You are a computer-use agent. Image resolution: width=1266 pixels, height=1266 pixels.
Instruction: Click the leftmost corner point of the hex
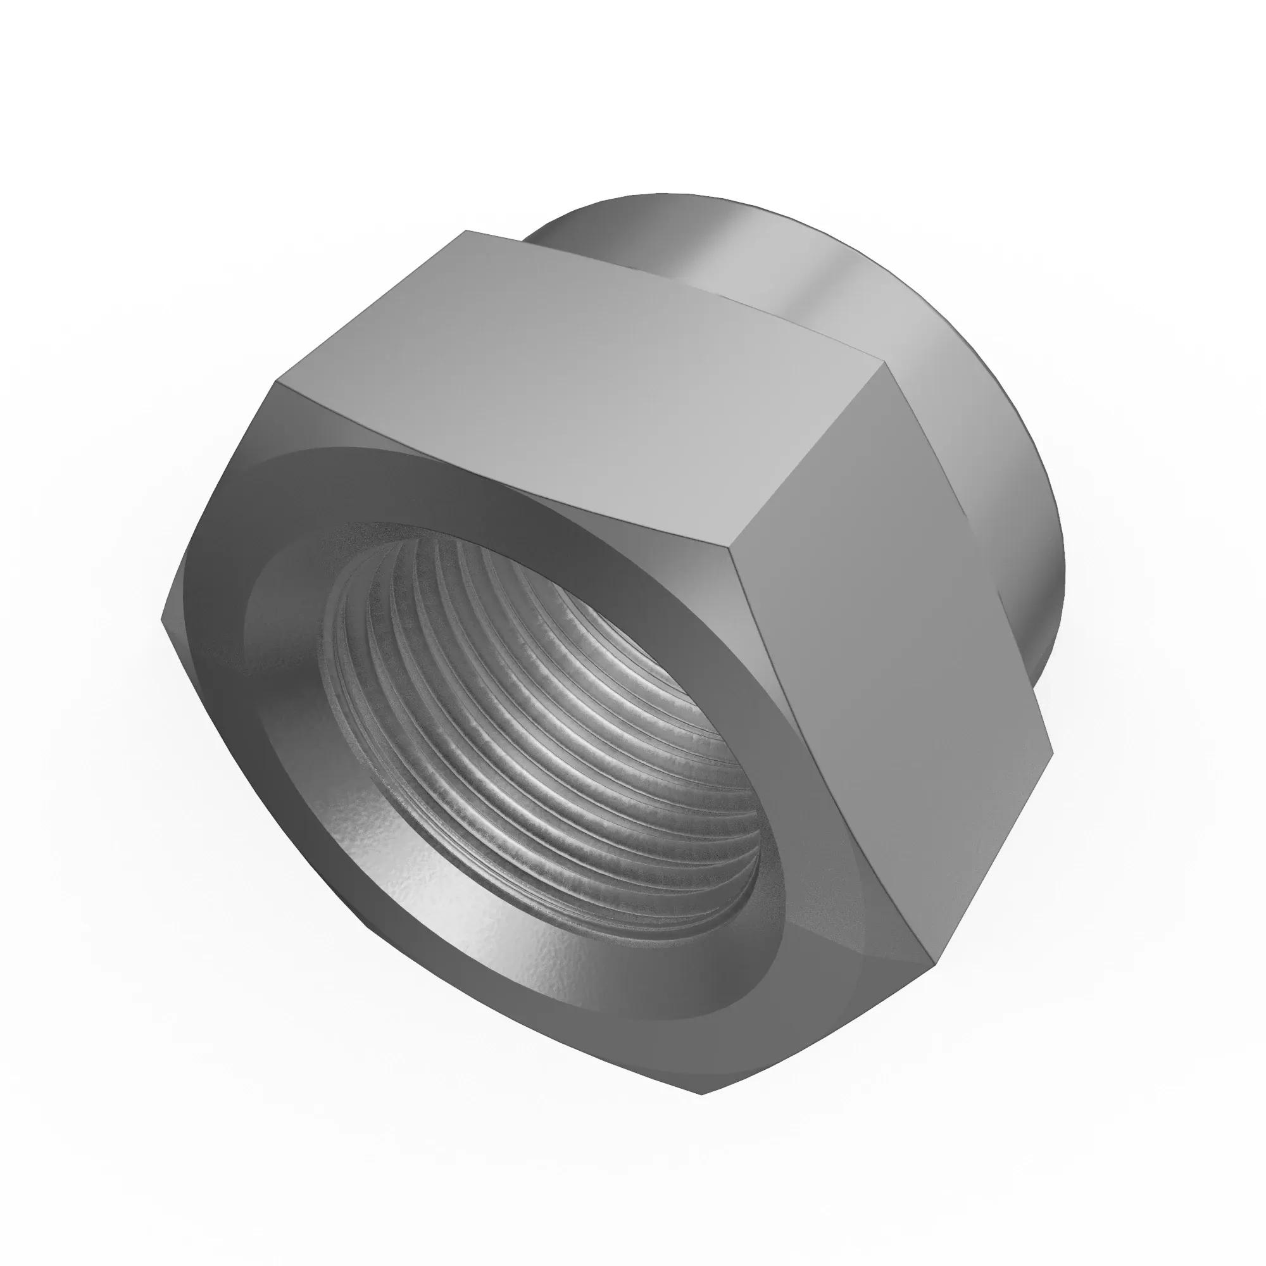tap(162, 617)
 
